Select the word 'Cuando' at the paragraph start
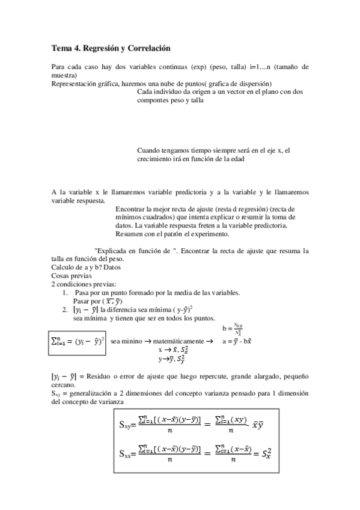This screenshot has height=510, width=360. pos(149,150)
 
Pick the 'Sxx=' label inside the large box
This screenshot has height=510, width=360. pos(129,455)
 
